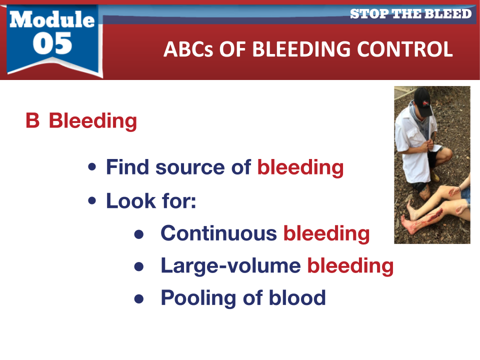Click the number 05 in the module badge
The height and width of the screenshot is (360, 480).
(52, 43)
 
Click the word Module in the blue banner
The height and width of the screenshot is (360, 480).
(52, 19)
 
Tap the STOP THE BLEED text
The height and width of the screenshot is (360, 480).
(410, 14)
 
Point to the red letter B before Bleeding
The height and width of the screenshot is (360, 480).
(33, 120)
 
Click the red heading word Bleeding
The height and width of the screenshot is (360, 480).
(93, 121)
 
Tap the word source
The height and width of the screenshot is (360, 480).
(190, 168)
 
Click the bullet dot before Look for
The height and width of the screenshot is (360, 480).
(92, 200)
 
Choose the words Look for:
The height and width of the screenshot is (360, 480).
(151, 201)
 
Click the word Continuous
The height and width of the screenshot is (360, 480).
(219, 233)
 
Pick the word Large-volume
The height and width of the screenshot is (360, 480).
(231, 266)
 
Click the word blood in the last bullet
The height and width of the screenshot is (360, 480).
(297, 297)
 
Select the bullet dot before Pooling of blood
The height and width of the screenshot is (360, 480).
(139, 298)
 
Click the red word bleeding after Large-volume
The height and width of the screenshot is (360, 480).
(350, 266)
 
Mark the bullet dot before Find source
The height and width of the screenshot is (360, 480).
(92, 167)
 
